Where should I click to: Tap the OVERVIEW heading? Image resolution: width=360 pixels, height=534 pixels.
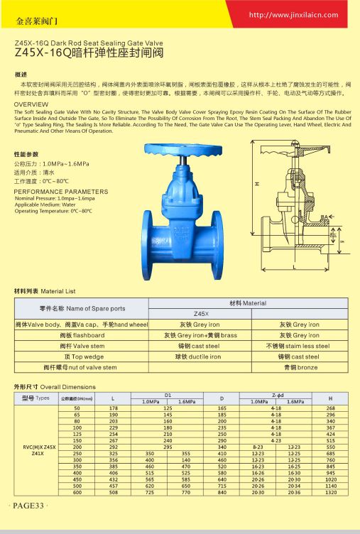(x=31, y=104)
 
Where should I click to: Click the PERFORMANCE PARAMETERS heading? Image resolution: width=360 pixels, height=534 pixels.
(x=61, y=192)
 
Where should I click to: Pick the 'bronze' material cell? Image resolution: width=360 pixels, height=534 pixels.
(x=299, y=367)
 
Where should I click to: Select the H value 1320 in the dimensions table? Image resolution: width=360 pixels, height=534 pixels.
(x=330, y=492)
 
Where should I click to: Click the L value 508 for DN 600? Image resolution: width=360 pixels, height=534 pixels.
(x=113, y=492)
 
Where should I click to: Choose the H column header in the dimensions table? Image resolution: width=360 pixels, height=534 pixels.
(x=330, y=398)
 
